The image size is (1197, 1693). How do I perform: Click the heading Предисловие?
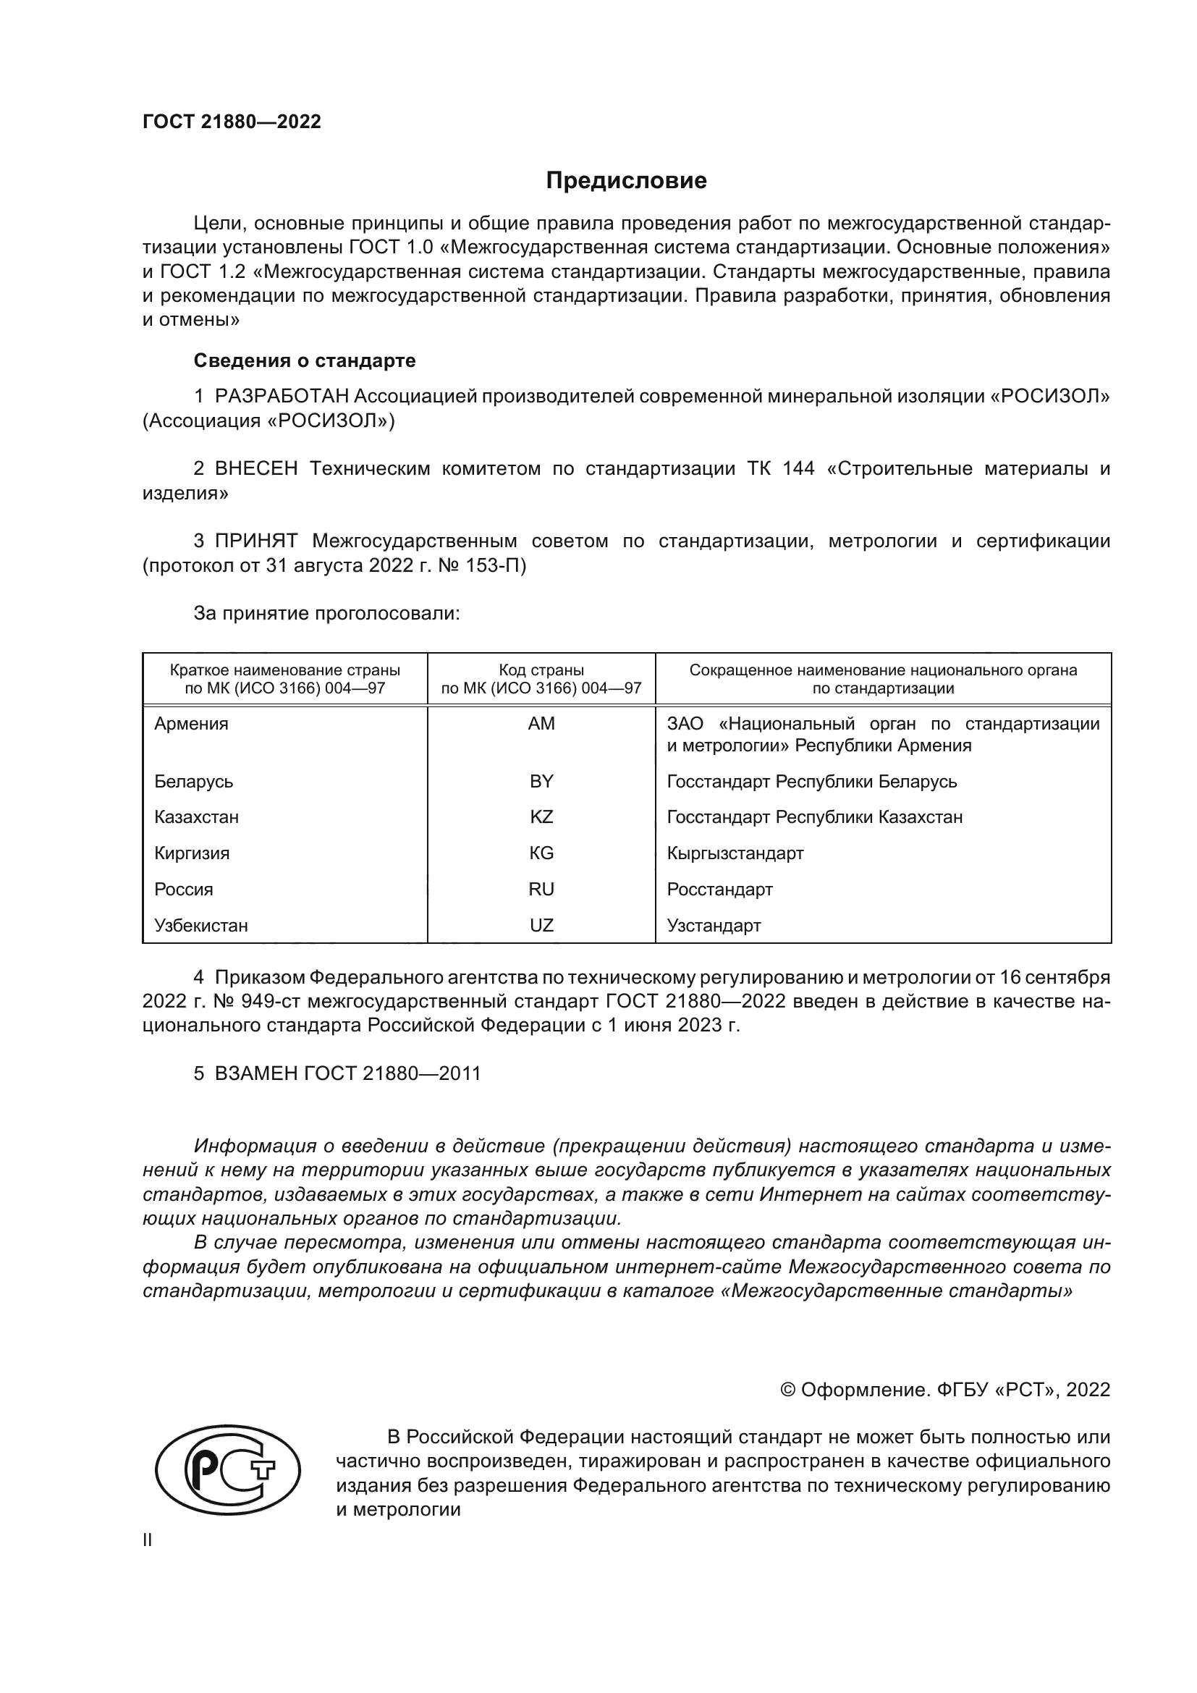pyautogui.click(x=626, y=181)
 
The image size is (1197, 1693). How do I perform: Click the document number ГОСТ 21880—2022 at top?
pyautogui.click(x=232, y=122)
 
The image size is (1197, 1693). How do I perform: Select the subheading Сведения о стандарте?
pyautogui.click(x=305, y=360)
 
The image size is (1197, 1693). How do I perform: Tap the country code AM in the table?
pyautogui.click(x=541, y=723)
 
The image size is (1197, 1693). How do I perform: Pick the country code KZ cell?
pyautogui.click(x=541, y=817)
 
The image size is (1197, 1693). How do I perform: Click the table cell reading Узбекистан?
pyautogui.click(x=201, y=926)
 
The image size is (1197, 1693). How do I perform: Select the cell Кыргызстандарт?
pyautogui.click(x=735, y=853)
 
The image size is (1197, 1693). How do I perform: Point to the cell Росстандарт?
pyautogui.click(x=719, y=890)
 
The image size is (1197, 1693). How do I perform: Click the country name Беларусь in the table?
pyautogui.click(x=194, y=781)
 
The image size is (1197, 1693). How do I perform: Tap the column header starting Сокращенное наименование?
pyautogui.click(x=882, y=679)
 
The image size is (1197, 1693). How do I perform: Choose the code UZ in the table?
pyautogui.click(x=541, y=926)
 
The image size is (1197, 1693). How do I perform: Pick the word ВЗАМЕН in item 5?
pyautogui.click(x=255, y=1073)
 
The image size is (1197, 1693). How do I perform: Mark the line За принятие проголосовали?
pyautogui.click(x=326, y=614)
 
